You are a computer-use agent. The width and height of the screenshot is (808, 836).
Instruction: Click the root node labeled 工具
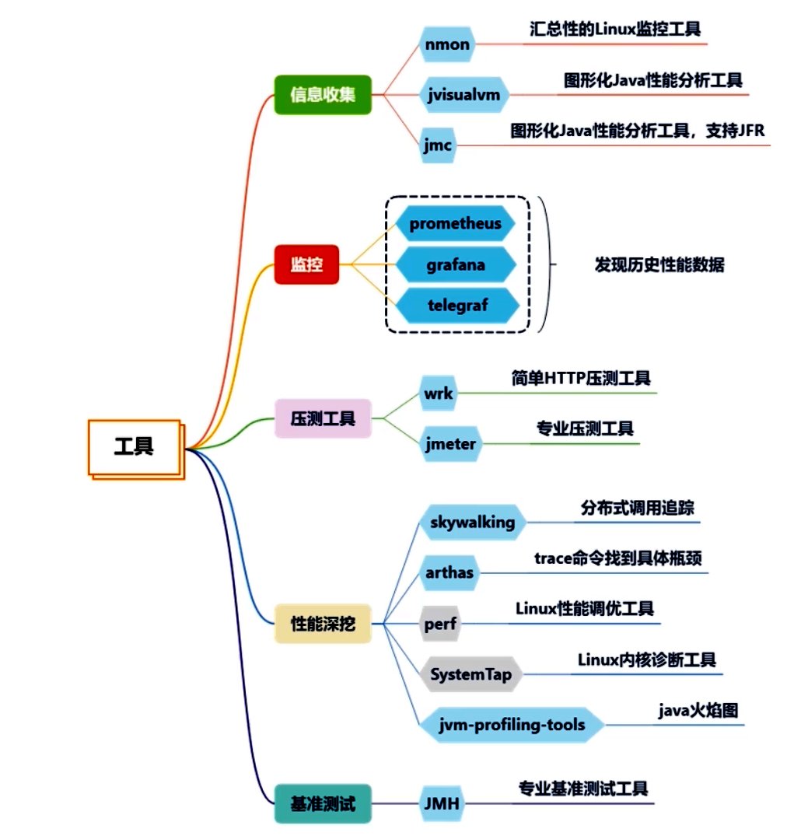coord(134,447)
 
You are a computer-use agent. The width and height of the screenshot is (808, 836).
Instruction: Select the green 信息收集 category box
coord(322,95)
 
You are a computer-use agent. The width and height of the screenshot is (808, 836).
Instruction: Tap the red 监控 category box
coord(306,264)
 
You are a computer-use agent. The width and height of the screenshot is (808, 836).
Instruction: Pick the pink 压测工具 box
coord(323,419)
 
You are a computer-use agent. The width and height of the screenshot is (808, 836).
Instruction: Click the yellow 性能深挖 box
coord(323,623)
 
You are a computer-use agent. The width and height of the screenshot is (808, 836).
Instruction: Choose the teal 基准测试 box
coord(323,803)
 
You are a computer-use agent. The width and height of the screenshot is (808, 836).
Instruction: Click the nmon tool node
coord(447,44)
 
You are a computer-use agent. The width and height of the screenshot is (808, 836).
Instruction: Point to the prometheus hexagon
coord(456,224)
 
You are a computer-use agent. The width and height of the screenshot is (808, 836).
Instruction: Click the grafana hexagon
coord(456,264)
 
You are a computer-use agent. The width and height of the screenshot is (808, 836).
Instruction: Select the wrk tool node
coord(438,394)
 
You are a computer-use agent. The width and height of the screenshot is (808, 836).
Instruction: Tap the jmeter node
coord(450,444)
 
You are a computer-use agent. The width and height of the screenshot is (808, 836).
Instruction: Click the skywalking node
coord(472,522)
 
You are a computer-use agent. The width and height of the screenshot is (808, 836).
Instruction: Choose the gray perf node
coord(440,624)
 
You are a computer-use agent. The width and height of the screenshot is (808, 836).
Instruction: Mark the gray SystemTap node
coord(470,674)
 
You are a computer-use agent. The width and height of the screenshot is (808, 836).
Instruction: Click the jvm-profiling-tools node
coord(512,725)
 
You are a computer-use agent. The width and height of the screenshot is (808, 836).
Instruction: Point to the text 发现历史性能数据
coord(659,264)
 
